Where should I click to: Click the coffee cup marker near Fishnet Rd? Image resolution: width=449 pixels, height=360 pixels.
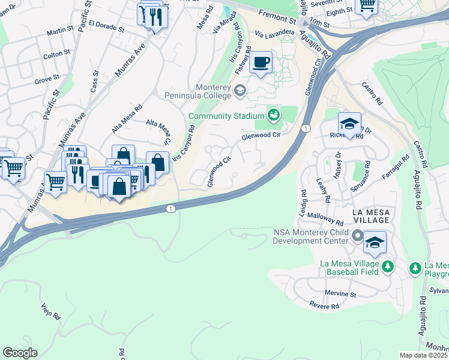261,62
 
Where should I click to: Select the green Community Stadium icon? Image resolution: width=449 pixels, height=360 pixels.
274,114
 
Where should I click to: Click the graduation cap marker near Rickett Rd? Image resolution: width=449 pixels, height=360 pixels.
349,124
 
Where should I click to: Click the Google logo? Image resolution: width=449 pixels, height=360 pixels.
20,353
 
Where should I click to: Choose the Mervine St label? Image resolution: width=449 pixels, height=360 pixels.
340,295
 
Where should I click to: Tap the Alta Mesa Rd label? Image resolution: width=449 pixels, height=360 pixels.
127,118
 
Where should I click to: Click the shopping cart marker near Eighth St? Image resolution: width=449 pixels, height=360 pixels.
366,6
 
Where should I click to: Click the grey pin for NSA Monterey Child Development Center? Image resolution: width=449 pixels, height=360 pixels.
358,236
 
